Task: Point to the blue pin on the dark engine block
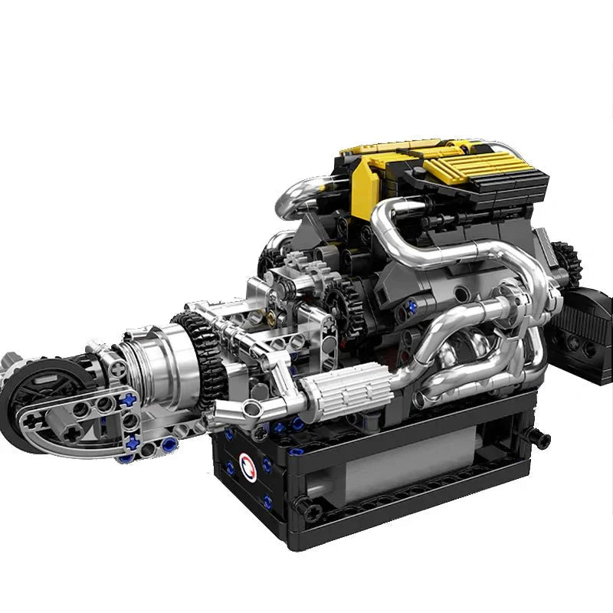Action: click(412, 306)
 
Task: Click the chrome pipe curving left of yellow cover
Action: click(303, 198)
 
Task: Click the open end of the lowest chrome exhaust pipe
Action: click(421, 399)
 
